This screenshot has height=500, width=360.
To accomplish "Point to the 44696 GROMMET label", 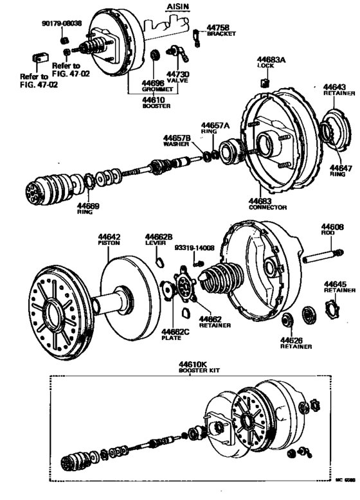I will pos(154,86).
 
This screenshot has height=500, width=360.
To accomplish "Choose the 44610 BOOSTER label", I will pos(154,103).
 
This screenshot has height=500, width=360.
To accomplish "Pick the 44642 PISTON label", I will pos(110,239).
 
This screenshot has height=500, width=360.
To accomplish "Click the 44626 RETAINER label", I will pos(295,343).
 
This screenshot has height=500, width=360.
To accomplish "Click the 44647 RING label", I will pos(341,172).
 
